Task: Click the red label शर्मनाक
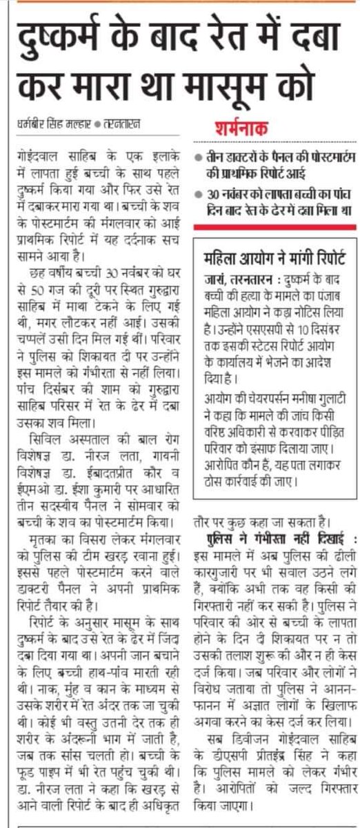[237, 129]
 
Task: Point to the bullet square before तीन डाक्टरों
[198, 158]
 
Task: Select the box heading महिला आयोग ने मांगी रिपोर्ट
[275, 240]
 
